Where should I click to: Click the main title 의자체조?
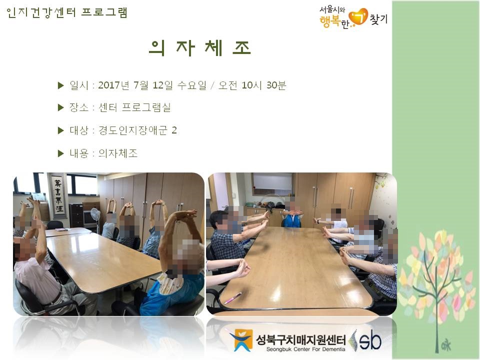click(x=200, y=48)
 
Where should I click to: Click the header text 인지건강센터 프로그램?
click(x=66, y=12)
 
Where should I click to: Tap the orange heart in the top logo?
click(x=358, y=17)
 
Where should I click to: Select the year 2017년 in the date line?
click(x=113, y=85)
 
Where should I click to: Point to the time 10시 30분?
click(x=263, y=85)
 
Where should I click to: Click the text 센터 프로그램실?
click(x=134, y=107)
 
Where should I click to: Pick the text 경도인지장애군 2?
click(x=137, y=130)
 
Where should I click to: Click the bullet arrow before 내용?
click(x=60, y=153)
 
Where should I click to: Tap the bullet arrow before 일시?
click(x=60, y=85)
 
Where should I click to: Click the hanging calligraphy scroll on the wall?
click(x=58, y=196)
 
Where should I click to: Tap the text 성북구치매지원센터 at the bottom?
click(x=300, y=339)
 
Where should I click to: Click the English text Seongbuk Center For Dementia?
click(x=305, y=349)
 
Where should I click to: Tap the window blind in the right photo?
click(x=273, y=183)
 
